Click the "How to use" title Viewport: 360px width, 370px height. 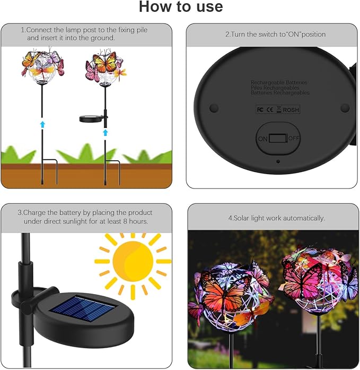tap(180, 7)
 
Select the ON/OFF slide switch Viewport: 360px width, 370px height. tap(278, 139)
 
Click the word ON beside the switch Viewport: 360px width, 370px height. tap(262, 139)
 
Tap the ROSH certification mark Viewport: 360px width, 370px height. tap(291, 109)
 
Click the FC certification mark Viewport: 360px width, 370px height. tap(260, 109)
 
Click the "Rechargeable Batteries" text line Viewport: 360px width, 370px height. tap(279, 83)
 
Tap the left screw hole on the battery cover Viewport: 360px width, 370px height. tap(214, 108)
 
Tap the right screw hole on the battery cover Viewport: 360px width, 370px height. tap(345, 108)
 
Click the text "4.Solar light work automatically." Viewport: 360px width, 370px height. tap(276, 218)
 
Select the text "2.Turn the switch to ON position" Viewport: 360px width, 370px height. tap(276, 35)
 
